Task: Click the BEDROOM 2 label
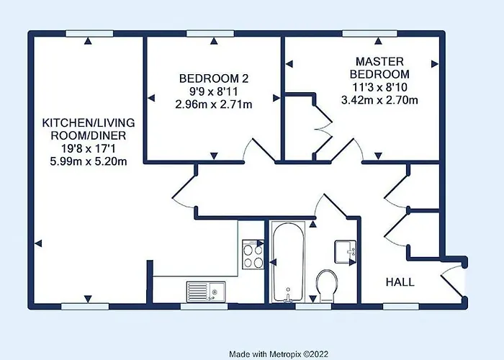[214, 78]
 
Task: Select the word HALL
[400, 282]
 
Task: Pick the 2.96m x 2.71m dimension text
[214, 104]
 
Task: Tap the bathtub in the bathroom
[287, 263]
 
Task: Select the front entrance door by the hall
[453, 278]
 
